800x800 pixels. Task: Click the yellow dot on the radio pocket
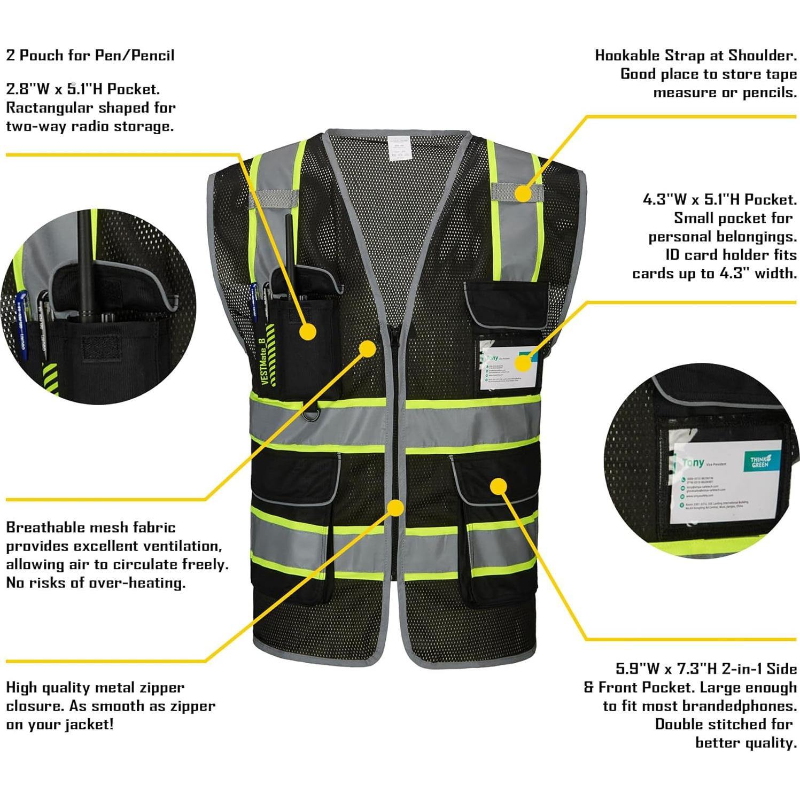click(x=308, y=331)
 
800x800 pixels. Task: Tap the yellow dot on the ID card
click(x=523, y=363)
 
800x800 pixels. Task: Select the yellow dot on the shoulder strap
click(x=523, y=193)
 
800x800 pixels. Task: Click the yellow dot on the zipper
click(x=395, y=508)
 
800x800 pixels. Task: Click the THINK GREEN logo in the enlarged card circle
click(x=759, y=462)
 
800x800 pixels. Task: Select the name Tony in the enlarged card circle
click(x=693, y=463)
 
